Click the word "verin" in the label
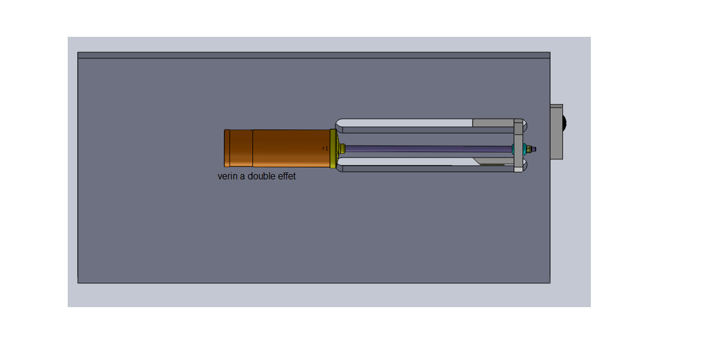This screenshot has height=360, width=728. [227, 176]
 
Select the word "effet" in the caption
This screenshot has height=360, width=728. [287, 176]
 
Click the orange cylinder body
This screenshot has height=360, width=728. [277, 149]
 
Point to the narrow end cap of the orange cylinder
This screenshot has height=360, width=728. [227, 149]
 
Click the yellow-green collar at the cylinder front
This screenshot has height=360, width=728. [333, 149]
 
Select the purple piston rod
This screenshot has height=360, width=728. [428, 149]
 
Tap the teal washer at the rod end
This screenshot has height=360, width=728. [524, 149]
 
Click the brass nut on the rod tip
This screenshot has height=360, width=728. [528, 149]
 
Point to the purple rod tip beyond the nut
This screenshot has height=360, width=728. [534, 149]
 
